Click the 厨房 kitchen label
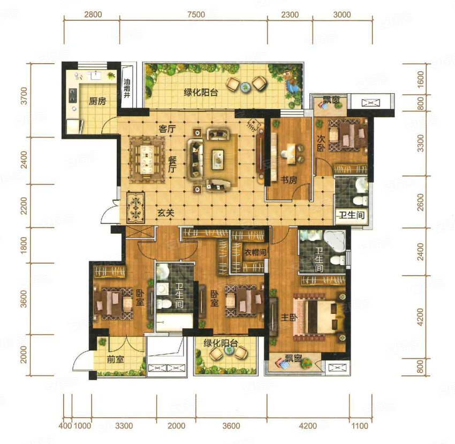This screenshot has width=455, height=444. point(97,101)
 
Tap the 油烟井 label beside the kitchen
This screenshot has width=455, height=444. point(127,88)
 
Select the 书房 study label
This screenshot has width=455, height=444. point(289,180)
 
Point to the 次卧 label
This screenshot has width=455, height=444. point(320,143)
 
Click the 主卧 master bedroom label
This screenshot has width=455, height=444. point(289,318)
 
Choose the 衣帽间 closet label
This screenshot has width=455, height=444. point(255,252)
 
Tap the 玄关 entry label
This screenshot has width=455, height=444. point(166,213)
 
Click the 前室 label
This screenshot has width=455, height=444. point(116,359)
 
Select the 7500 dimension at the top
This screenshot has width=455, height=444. point(196,14)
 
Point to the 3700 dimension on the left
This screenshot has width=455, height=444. point(24,96)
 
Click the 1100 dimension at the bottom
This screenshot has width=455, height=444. point(360,426)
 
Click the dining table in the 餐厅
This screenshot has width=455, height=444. point(147,160)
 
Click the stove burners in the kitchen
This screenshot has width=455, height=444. point(72,95)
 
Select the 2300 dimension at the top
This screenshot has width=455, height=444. point(290,14)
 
